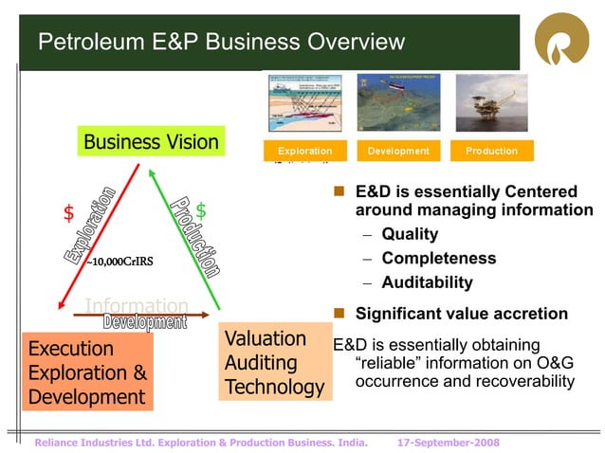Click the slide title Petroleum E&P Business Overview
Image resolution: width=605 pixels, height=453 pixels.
point(221,43)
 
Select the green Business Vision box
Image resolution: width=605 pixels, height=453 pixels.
point(151,142)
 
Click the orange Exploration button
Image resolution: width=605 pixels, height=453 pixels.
point(304,151)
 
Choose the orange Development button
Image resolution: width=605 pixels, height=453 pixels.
point(398,151)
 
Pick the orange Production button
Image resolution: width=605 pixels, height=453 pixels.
point(491,151)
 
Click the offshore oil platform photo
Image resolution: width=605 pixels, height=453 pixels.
point(491,102)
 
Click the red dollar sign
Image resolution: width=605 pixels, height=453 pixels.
point(68,213)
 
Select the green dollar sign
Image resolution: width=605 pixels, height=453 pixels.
point(201,210)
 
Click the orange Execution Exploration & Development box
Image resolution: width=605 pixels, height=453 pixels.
point(87,371)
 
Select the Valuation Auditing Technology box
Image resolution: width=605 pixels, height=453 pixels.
point(273,363)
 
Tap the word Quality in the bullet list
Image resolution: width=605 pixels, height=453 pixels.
point(410,234)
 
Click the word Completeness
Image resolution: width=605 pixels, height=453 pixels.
point(438,259)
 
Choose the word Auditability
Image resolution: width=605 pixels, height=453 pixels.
point(427,282)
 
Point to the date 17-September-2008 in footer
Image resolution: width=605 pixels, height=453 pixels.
point(449,443)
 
